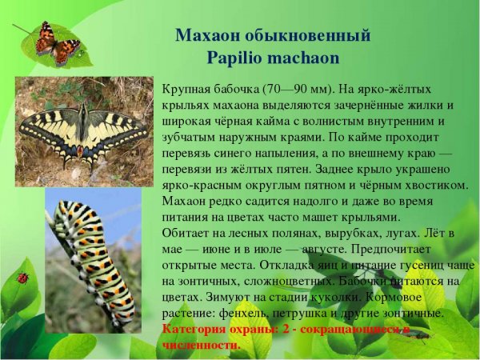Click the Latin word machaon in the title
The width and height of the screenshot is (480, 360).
coord(303,58)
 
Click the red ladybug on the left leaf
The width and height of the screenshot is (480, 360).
coord(22,278)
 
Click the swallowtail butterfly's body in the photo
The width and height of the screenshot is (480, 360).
coord(83,132)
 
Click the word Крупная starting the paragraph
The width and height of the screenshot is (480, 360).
coord(186,90)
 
